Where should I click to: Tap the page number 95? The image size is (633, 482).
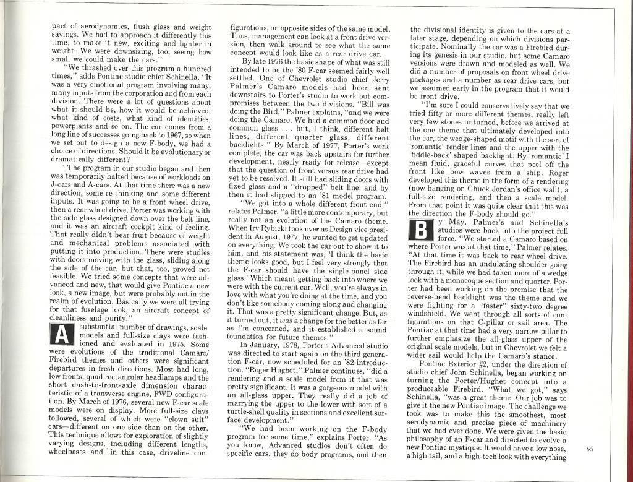(x=590, y=449)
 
